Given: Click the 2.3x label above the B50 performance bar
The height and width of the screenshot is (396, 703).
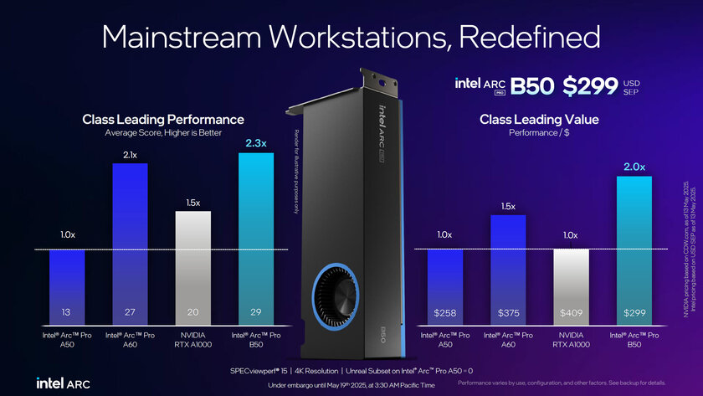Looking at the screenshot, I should point(256,143).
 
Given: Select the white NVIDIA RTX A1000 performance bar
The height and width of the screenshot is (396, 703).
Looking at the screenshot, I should point(193,268).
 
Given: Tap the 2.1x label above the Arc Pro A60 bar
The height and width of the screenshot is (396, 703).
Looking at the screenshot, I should point(130,155).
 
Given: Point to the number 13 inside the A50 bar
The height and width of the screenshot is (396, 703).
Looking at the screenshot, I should point(67,312).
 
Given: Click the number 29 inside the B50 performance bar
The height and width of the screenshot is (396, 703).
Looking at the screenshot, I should point(256,312).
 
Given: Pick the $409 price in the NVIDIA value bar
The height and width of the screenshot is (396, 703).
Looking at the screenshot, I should point(571,312).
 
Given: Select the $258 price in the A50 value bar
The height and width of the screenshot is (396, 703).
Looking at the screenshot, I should point(445,312).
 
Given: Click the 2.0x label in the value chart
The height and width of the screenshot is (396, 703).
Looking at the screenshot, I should point(634,167).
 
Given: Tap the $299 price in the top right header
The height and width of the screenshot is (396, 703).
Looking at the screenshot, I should point(590,85).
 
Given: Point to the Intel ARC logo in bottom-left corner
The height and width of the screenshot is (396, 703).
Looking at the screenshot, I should point(63,383).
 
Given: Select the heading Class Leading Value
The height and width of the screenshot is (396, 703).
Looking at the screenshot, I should point(539,120).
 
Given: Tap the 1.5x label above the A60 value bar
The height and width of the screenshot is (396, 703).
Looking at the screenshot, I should point(508,206).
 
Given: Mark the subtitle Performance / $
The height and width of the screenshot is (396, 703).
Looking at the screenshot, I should point(539,133).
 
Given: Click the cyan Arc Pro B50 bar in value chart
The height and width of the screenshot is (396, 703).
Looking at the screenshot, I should point(634,251).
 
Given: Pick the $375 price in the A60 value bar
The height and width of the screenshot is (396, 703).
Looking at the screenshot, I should point(508,312).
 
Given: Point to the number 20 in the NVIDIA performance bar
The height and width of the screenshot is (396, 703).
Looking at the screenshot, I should point(193,312).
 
